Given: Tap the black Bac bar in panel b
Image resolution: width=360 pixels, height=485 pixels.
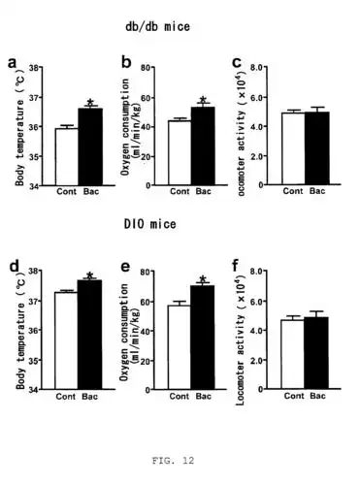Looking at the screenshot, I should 204,145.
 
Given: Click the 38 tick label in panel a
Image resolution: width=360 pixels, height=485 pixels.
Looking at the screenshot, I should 35,68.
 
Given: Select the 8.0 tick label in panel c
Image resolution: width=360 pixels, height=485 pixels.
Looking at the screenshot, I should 259,68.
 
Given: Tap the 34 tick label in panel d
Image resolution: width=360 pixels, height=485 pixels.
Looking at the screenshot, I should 35,390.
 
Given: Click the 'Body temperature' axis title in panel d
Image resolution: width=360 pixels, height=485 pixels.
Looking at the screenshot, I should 19,331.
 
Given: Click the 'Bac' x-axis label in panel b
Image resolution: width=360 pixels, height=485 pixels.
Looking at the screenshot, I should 203,192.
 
